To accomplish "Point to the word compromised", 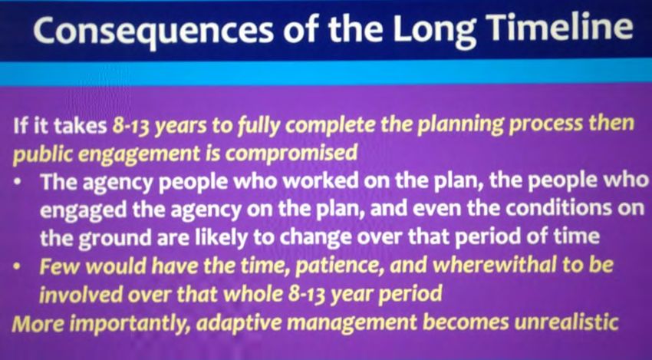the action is [291, 154].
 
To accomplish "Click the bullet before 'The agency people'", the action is [17, 183].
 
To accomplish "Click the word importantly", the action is [127, 324].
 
